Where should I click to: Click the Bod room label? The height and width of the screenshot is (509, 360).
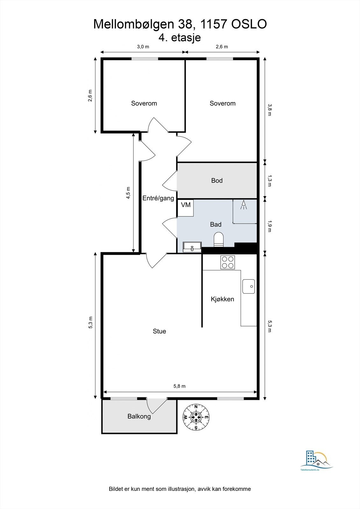(x=217, y=181)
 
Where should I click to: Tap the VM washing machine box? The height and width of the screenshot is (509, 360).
(x=186, y=208)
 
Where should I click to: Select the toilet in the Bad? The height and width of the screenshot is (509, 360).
(x=219, y=240)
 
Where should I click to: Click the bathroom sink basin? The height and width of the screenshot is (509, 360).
(x=192, y=247)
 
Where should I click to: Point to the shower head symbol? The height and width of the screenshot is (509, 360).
(x=244, y=205)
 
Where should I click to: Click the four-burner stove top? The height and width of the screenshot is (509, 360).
(x=228, y=262)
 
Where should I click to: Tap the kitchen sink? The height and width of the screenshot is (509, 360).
(x=249, y=286)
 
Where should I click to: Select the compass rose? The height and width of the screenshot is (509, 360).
(x=196, y=417)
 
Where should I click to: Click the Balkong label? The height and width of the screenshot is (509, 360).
(x=139, y=416)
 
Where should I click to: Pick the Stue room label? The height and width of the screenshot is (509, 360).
(x=159, y=331)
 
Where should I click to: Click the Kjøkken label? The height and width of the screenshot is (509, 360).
(x=222, y=299)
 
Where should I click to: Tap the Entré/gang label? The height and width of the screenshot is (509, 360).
(x=158, y=199)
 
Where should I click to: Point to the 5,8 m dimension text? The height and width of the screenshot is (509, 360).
(x=180, y=386)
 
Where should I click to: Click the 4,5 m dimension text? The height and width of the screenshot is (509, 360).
(x=128, y=193)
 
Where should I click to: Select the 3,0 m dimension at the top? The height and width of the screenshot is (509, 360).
(x=143, y=47)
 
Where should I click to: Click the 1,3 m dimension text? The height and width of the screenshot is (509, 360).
(x=270, y=181)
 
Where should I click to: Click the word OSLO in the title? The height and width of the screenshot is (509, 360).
(x=249, y=24)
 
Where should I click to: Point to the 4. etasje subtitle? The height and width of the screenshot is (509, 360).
(x=180, y=38)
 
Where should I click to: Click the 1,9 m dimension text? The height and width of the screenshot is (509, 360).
(x=270, y=226)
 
